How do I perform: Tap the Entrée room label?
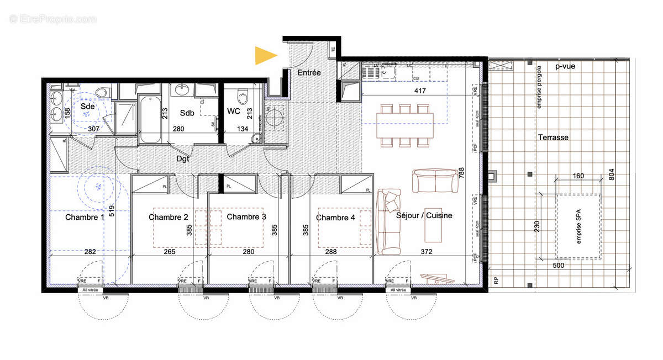point(309,73)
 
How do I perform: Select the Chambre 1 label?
point(85,218)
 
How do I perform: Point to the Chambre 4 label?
point(335,218)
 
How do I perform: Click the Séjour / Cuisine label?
point(424,215)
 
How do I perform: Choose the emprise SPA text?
point(579,227)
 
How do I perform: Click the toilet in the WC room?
point(242,97)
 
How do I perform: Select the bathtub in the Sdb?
point(149,118)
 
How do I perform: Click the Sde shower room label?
point(87,105)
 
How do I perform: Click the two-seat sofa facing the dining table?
point(435,182)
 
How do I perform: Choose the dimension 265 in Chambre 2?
point(170,252)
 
